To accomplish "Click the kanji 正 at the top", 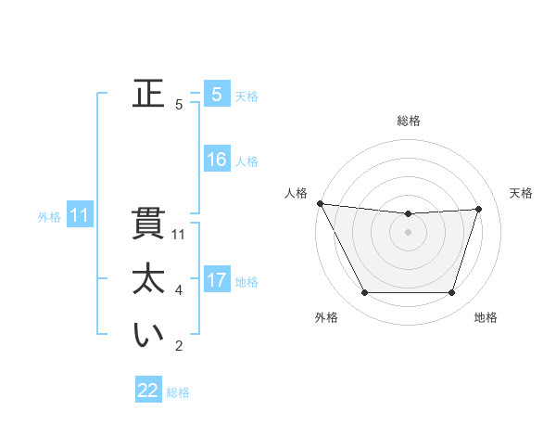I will pos(148,94).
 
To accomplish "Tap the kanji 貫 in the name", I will pos(148,224).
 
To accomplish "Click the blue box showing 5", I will pos(216,95).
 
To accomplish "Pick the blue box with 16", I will pos(216,160).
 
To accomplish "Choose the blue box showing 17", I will pos(216,280).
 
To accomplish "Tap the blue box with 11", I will pos(79,216).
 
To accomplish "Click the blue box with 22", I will pos(147,391).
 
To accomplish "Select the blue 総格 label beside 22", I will pos(178,392).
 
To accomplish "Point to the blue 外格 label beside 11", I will pos(49,217).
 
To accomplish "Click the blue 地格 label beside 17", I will pos(246,282).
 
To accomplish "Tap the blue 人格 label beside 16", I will pos(246,161).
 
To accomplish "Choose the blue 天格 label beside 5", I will pos(246,96).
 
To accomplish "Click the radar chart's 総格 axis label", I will pos(409,121).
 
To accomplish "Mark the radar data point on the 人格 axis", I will pos(320,203).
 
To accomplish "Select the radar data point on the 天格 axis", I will pos(478,209).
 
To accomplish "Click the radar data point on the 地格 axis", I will pos(451,292).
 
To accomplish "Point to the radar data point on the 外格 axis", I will pos(364,292).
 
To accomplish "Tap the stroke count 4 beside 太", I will pos(179,290).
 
